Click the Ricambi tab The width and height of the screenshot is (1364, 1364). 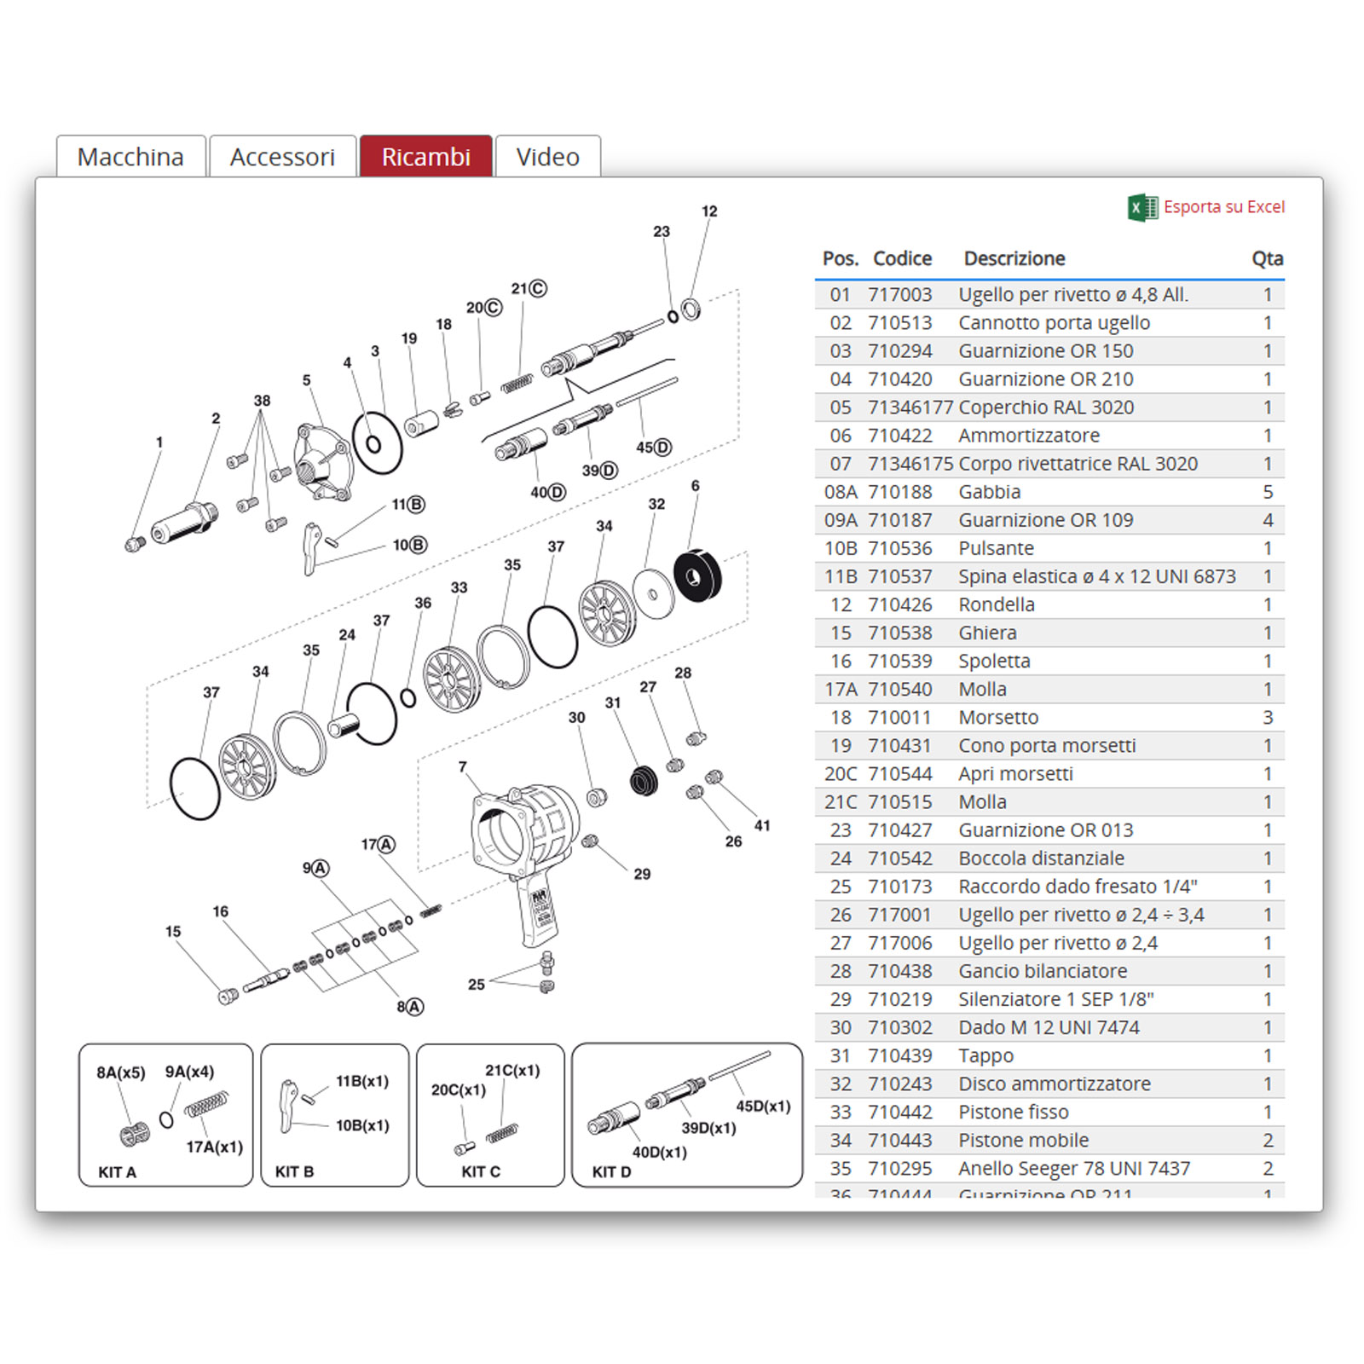point(425,157)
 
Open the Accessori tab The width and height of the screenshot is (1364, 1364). point(282,157)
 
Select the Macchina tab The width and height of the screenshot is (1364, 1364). point(130,157)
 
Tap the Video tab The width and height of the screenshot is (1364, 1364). point(547,157)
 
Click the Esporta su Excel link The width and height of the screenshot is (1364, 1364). point(1223,207)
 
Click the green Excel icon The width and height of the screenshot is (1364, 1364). point(1142,207)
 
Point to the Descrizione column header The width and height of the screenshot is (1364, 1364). point(1014,258)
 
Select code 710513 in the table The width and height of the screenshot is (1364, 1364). point(899,323)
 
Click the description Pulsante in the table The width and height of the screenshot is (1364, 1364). point(996,548)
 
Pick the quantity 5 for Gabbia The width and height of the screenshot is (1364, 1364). point(1268,492)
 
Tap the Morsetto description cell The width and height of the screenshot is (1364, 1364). point(998,718)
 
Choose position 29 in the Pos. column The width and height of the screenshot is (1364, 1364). point(840,999)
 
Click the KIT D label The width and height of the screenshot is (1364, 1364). point(611,1171)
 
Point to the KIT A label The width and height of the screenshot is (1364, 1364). point(117,1171)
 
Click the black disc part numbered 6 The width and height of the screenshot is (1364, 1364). point(697,576)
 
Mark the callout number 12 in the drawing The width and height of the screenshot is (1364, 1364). point(709,211)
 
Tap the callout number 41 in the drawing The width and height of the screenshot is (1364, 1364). point(762,825)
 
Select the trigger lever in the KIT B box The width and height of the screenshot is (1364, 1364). point(288,1107)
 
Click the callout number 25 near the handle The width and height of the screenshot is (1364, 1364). point(476,985)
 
